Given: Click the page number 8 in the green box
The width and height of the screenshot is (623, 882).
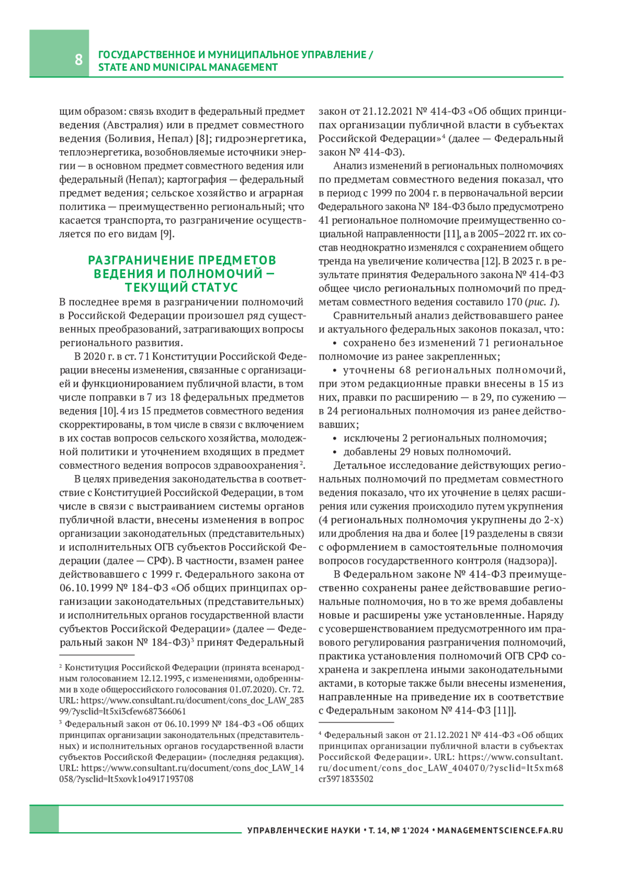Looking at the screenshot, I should (x=78, y=59).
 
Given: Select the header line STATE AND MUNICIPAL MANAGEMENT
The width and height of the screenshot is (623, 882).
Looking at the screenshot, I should (x=188, y=67).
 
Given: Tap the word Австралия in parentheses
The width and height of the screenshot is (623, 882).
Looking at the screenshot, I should (x=134, y=125).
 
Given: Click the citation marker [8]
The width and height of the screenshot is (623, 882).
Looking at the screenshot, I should (x=202, y=138).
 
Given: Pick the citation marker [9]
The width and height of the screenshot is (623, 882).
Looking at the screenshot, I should (x=167, y=234).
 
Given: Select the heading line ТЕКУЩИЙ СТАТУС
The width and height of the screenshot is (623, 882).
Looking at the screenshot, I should (x=181, y=287).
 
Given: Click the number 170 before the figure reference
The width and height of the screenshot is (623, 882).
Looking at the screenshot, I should (x=514, y=301).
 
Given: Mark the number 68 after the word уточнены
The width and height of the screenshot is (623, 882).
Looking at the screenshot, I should (x=405, y=370).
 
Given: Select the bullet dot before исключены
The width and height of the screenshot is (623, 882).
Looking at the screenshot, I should (x=335, y=438).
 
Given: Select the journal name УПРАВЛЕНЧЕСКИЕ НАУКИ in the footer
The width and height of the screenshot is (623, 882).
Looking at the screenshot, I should (x=304, y=831).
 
